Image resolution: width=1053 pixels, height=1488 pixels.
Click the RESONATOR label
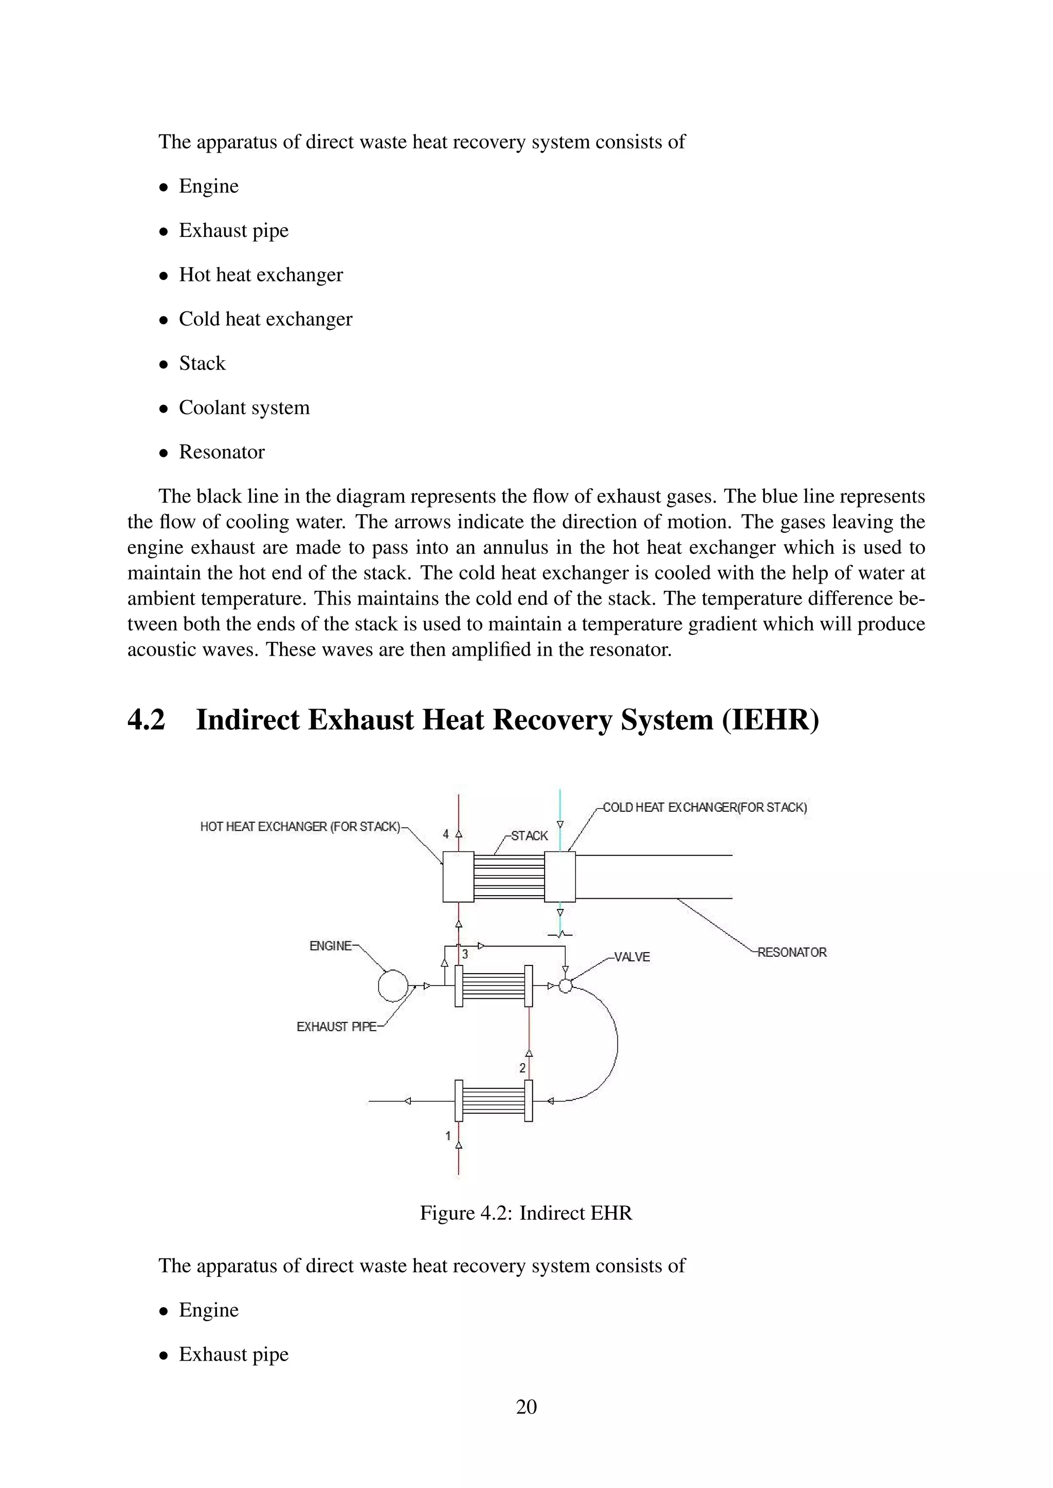792,952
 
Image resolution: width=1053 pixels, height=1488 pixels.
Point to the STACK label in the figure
529,836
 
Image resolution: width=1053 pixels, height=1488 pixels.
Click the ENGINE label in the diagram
331,946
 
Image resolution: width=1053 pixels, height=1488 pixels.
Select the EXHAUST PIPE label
337,1027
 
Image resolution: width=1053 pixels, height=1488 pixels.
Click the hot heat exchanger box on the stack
458,877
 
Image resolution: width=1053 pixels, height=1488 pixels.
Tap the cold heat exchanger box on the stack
559,877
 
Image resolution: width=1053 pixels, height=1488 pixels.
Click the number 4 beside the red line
445,834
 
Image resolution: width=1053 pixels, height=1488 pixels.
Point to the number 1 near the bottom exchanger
447,1136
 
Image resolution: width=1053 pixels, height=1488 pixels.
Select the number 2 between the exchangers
522,1068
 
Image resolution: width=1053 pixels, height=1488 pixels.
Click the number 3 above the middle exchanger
465,955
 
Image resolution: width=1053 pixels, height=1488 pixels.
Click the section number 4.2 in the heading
147,720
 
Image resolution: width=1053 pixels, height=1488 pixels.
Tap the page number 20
526,1406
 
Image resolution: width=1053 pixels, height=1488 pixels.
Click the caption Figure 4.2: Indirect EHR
526,1213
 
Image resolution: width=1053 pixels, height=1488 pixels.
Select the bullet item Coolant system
244,407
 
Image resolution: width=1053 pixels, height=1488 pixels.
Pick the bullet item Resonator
222,452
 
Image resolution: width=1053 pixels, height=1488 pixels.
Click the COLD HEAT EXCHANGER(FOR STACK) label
705,808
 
